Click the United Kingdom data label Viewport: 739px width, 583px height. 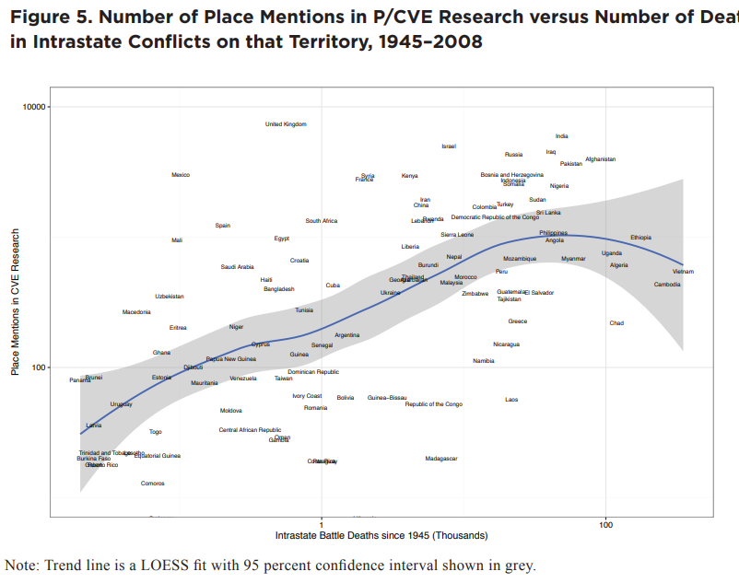pos(286,124)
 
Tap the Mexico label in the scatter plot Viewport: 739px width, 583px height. pos(181,175)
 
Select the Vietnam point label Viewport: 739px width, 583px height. pos(683,272)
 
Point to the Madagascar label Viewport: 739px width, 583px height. pos(441,459)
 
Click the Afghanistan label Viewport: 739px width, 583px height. pos(600,159)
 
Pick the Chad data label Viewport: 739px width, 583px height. pos(616,323)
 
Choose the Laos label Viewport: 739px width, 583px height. pos(511,400)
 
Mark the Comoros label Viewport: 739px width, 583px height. pos(153,484)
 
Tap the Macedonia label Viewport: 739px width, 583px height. pos(136,312)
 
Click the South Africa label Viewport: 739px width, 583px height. pos(322,221)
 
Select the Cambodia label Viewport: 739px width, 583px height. pos(667,285)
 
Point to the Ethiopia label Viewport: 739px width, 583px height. pos(640,238)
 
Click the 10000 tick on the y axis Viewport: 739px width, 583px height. pos(34,107)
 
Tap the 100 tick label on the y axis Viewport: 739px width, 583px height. pos(38,367)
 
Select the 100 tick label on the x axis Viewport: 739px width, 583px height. pos(605,525)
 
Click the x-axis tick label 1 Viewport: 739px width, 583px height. pos(321,525)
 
